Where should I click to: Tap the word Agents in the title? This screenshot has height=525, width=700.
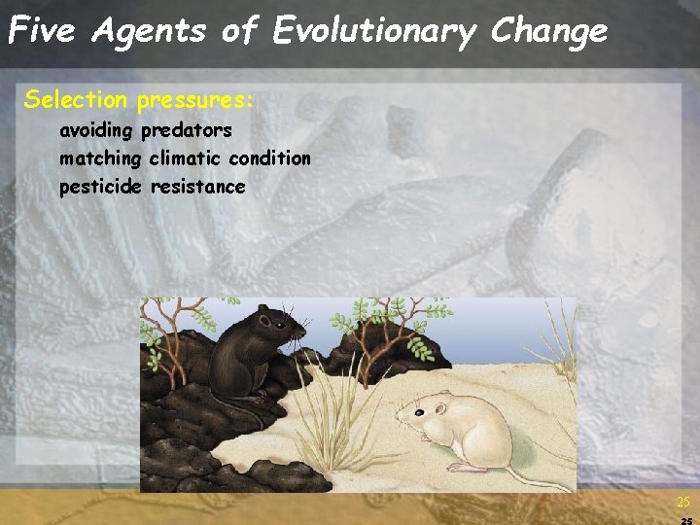(149, 31)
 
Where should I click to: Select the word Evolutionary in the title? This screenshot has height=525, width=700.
(375, 31)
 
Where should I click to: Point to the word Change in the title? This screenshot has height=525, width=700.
(548, 31)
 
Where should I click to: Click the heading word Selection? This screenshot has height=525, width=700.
(76, 99)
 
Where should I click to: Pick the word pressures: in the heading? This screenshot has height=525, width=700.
(194, 100)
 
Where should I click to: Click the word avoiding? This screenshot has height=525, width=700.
(97, 130)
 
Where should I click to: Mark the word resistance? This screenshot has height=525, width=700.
(198, 187)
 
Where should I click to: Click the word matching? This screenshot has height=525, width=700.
(100, 158)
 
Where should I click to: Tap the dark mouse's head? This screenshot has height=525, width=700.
(276, 327)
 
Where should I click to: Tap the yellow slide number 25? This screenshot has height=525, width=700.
(682, 503)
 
